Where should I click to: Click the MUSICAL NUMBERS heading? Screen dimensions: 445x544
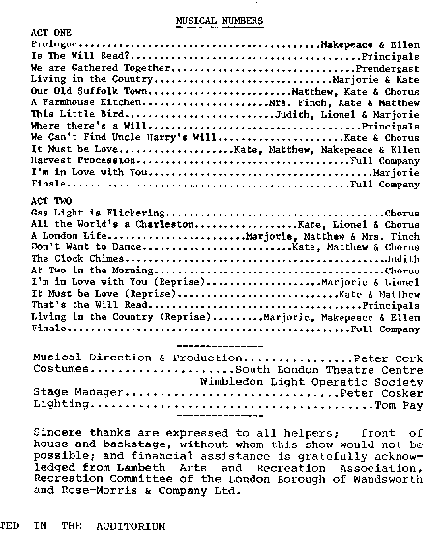[222, 19]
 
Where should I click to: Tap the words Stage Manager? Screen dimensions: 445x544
[78, 394]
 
